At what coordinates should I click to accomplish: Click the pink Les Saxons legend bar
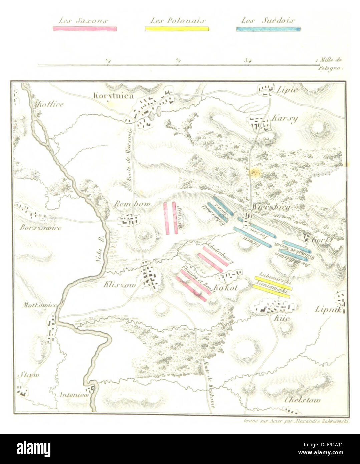tap(85, 29)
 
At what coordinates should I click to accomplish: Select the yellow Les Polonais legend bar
tap(177, 29)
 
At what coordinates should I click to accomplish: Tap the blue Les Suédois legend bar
tap(268, 29)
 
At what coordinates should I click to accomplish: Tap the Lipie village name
tap(286, 90)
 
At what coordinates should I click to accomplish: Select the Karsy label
tap(284, 119)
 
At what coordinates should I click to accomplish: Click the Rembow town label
tap(132, 204)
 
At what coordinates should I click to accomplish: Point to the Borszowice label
tap(41, 228)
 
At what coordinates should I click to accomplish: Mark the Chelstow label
tap(302, 400)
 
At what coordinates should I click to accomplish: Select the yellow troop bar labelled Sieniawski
tap(271, 291)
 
